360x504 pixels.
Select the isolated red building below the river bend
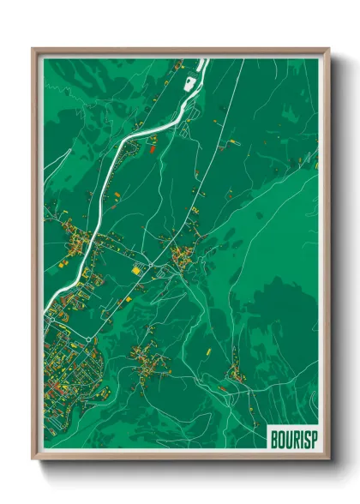pos(153,151)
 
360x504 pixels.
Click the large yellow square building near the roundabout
pos(135,270)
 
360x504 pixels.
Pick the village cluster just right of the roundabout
pos(183,255)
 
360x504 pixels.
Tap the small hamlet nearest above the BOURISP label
pos(233,373)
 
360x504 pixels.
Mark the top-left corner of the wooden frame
pos(34,50)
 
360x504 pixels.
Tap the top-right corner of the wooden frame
pos(328,50)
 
